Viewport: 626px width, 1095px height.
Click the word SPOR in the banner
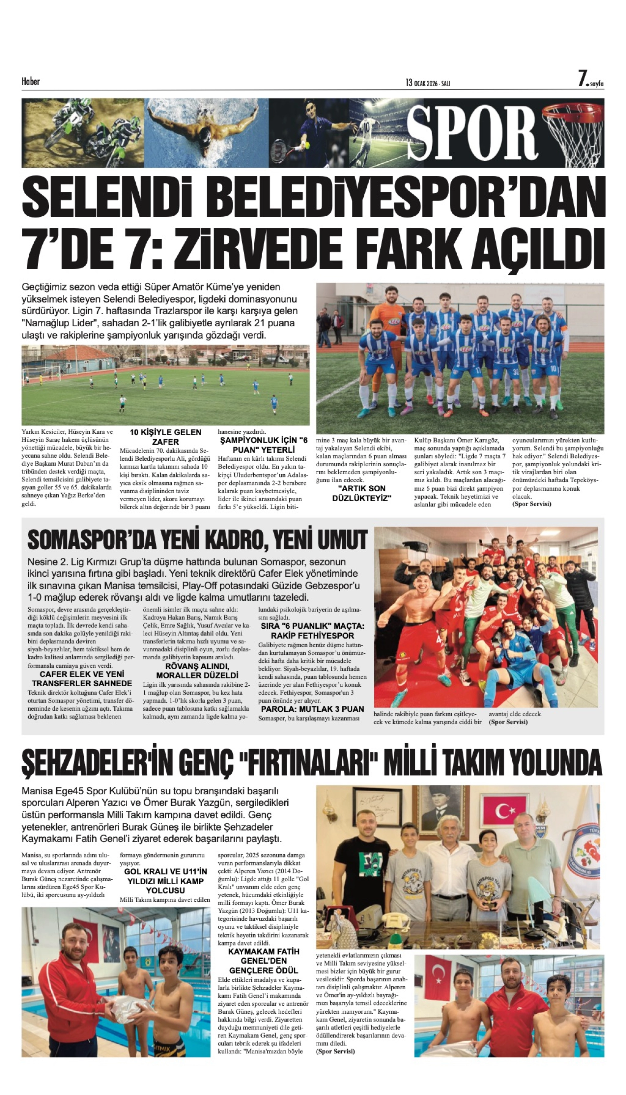point(471,132)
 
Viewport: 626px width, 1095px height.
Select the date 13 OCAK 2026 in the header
point(427,83)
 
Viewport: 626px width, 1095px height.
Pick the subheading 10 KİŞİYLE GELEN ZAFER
point(165,437)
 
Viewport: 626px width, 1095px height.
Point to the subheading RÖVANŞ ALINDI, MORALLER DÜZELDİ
point(197,671)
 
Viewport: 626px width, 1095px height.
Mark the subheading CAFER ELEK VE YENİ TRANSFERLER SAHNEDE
point(82,679)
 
